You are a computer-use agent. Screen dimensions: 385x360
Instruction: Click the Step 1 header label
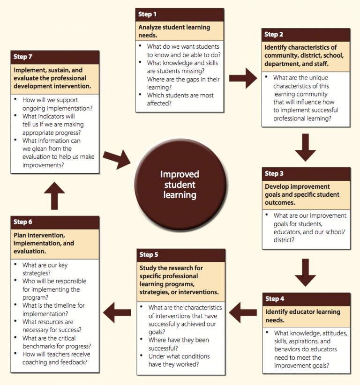(148, 15)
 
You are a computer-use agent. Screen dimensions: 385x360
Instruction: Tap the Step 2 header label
(274, 35)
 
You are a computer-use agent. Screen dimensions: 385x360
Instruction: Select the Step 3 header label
(274, 174)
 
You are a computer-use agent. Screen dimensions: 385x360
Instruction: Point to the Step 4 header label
(275, 299)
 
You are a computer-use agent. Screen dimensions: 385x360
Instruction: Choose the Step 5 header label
(149, 255)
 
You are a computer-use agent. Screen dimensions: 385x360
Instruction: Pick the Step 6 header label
(23, 222)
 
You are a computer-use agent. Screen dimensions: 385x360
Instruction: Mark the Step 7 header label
(23, 57)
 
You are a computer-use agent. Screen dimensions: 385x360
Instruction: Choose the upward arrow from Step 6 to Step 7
(54, 195)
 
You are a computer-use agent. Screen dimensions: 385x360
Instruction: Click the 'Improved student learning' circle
(180, 184)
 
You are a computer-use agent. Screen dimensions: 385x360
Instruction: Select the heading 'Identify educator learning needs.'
(303, 316)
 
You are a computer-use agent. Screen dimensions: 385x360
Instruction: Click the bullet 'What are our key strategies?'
(45, 269)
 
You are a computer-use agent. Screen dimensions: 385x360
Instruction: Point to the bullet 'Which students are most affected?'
(180, 99)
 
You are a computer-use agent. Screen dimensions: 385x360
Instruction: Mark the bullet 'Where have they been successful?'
(179, 344)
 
